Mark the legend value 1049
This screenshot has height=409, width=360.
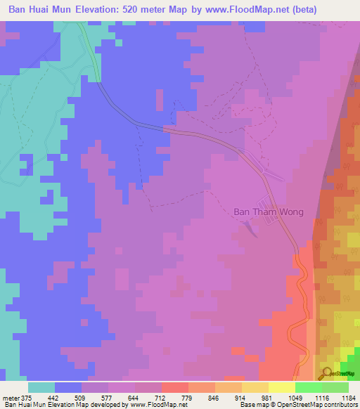[x=295, y=397]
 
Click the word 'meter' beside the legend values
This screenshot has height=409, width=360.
[x=10, y=397]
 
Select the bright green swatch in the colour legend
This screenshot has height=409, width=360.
[x=308, y=387]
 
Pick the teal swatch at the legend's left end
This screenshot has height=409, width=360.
[x=41, y=387]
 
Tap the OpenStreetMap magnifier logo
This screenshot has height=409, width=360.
[x=326, y=373]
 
